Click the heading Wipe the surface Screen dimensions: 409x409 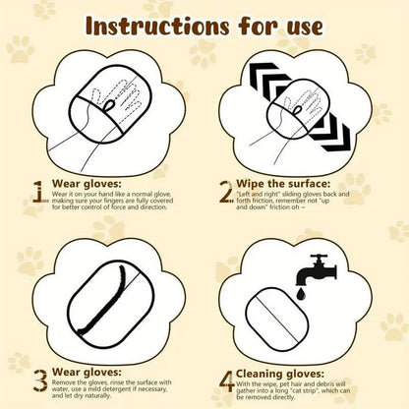286,184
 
